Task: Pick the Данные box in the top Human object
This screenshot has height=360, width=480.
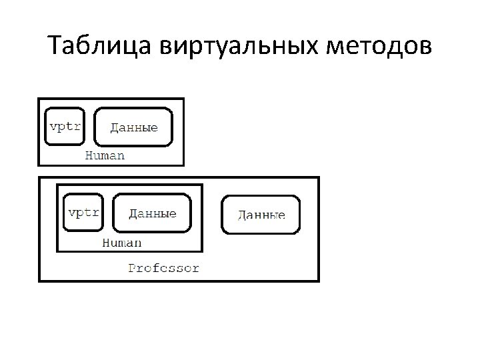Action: click(133, 127)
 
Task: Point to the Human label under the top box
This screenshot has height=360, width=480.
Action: click(105, 156)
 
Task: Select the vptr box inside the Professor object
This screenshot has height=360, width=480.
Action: click(84, 212)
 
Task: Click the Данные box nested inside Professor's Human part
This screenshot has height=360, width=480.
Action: click(152, 213)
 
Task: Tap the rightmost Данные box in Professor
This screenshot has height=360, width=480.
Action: click(261, 215)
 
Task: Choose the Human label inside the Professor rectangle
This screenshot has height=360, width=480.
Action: click(121, 243)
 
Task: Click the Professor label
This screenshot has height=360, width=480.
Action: click(163, 269)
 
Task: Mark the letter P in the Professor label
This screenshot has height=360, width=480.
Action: click(132, 269)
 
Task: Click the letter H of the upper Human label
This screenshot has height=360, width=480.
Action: click(90, 156)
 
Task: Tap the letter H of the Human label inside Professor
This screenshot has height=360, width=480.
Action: click(106, 243)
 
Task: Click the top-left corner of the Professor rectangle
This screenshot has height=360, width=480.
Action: click(39, 177)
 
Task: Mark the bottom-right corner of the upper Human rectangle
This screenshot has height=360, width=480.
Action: click(183, 165)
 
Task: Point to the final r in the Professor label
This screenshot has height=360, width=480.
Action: click(195, 269)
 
